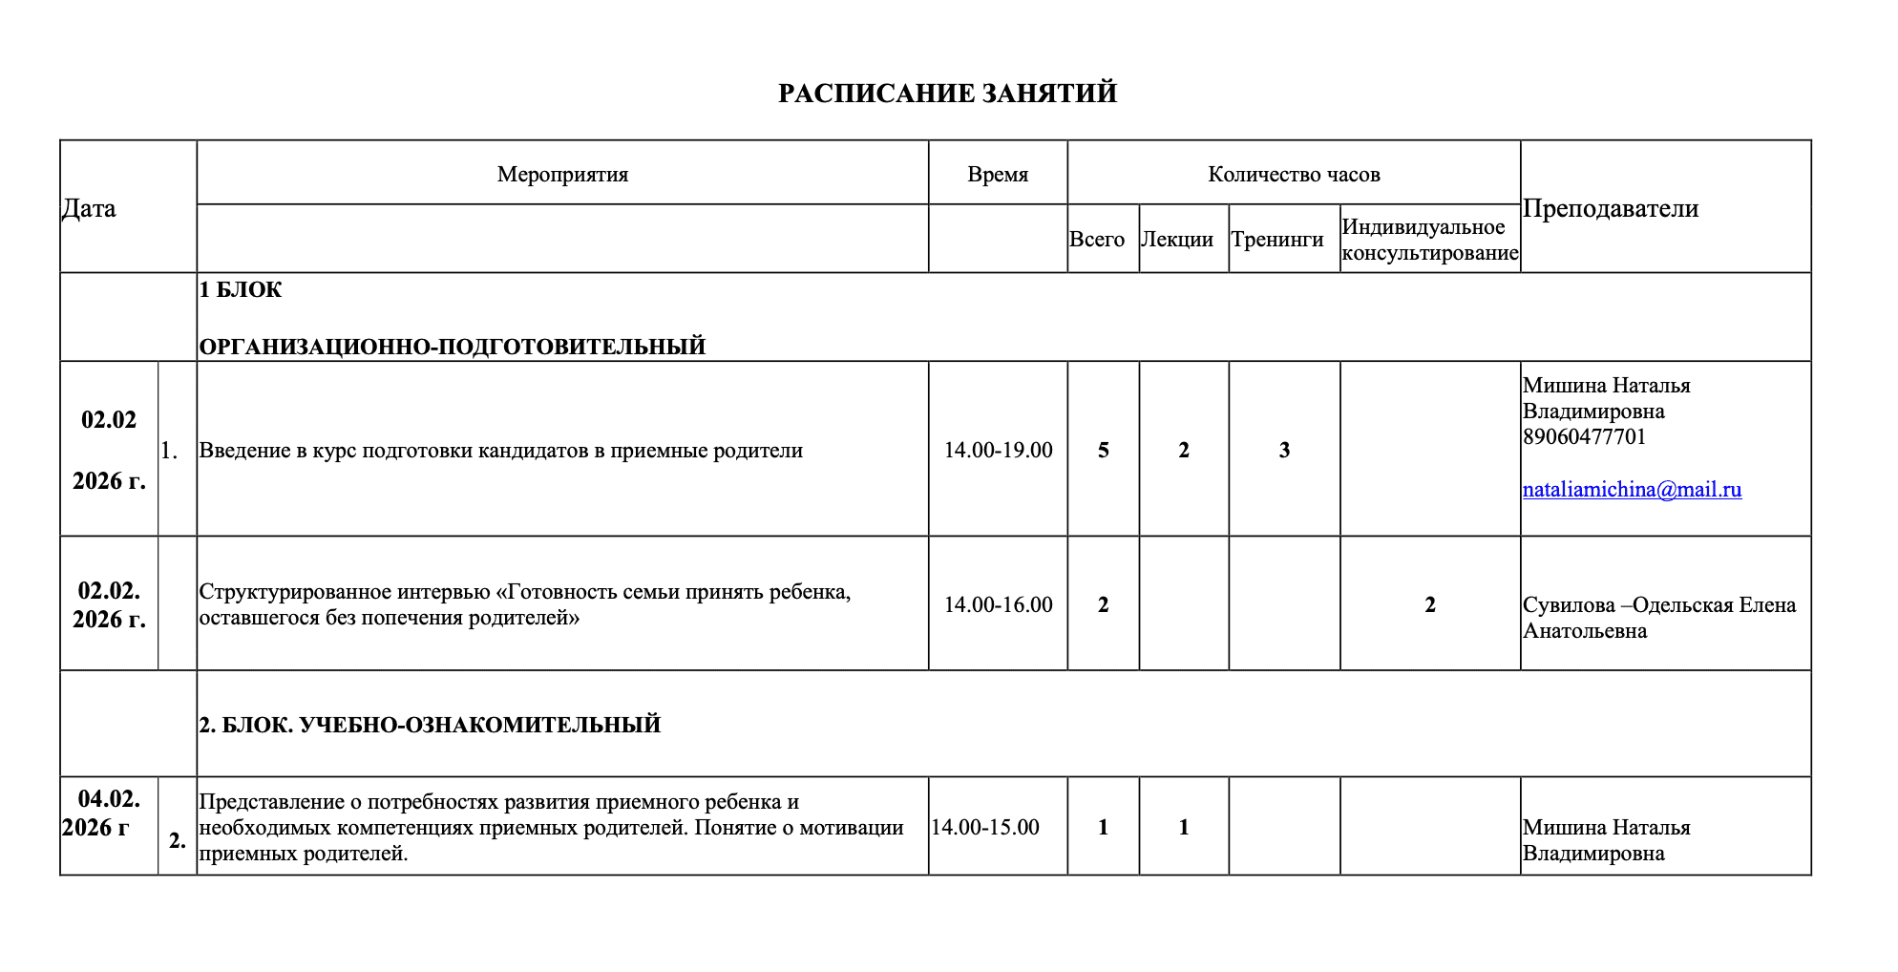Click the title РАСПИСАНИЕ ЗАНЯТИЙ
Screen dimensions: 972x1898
(947, 94)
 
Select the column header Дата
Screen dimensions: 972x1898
(89, 208)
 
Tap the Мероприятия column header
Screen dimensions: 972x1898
(562, 174)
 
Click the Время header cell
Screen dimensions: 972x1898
(998, 174)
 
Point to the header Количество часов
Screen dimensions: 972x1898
(1294, 174)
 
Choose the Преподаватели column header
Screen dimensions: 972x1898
(1611, 208)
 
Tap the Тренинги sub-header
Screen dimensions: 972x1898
(1277, 239)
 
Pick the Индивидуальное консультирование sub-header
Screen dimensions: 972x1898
(1429, 240)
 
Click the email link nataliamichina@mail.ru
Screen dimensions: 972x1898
(1632, 490)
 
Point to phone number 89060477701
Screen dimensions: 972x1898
(1585, 437)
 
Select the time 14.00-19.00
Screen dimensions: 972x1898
(998, 450)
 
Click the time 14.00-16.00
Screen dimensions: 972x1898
(998, 604)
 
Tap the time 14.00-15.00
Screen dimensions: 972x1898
(985, 827)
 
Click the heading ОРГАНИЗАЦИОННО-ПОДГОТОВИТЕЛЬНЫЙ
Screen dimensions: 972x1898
(453, 347)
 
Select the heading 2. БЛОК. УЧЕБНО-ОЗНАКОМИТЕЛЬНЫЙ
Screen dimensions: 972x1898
(430, 725)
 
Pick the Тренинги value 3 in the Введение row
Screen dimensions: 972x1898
(1284, 450)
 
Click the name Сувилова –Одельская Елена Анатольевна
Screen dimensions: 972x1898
(1658, 618)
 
